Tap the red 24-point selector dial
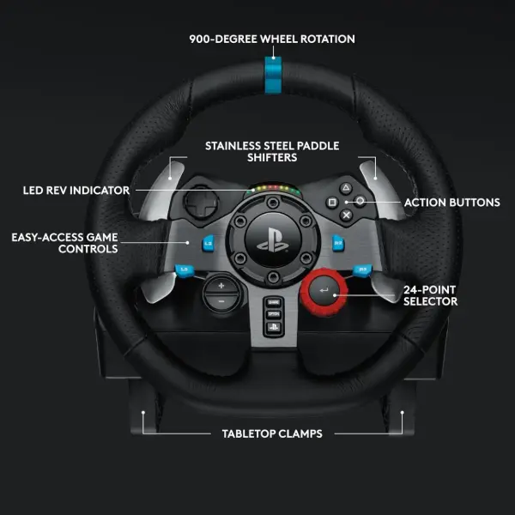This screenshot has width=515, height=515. click(x=323, y=292)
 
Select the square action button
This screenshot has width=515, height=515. click(x=331, y=202)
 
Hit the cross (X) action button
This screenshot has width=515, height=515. click(x=346, y=215)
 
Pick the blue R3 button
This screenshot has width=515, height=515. click(x=363, y=272)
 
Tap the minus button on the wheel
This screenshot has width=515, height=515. click(x=221, y=302)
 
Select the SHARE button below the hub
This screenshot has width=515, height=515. click(x=275, y=303)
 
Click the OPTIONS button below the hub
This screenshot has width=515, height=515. click(x=275, y=315)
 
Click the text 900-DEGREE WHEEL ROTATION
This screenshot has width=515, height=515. click(x=272, y=39)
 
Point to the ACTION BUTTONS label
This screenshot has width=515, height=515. click(x=452, y=203)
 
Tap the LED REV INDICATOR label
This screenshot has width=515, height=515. click(x=76, y=190)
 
